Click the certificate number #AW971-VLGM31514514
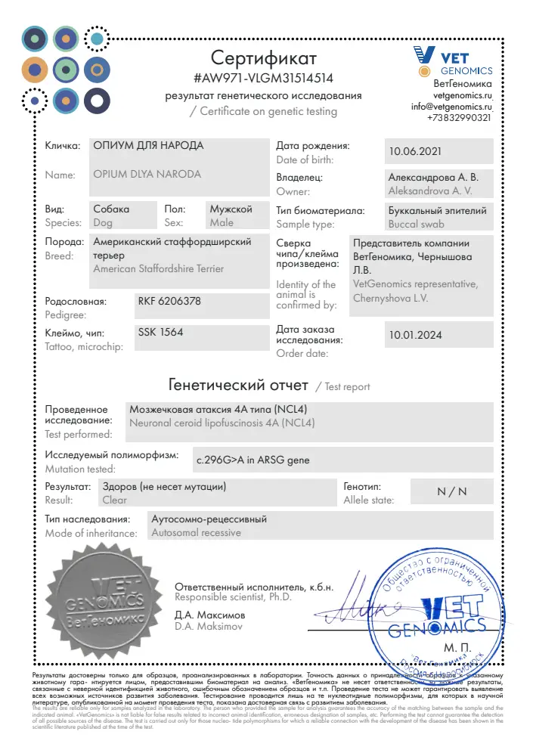coord(264,78)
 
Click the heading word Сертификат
coord(264,57)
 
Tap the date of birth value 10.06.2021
coord(414,151)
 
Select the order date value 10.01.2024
coord(415,335)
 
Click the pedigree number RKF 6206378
coord(169,301)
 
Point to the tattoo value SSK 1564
coord(160,332)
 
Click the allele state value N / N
coord(452,491)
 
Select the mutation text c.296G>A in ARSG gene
coord(253,460)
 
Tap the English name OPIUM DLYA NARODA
coord(147,174)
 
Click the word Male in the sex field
coord(222,223)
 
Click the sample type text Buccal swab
coord(416,225)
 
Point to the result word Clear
coord(115,500)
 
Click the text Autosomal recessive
coord(196,533)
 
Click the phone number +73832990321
coord(459,118)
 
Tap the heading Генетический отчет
coord(238,384)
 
